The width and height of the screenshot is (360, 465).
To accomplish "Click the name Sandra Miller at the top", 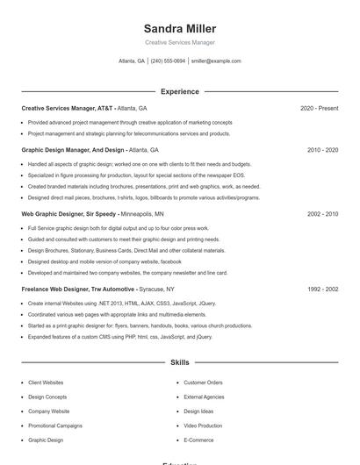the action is (179, 29).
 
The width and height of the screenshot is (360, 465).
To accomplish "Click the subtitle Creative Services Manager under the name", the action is (179, 42).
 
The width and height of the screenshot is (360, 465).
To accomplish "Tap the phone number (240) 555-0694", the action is (168, 61).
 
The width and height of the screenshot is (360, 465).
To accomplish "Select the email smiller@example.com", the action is (216, 61).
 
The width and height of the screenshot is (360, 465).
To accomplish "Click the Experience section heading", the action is (179, 91).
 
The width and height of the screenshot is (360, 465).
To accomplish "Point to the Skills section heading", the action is (179, 361).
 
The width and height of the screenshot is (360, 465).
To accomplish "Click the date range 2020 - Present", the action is (319, 108).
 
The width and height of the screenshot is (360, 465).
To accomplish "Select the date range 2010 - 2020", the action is (322, 150).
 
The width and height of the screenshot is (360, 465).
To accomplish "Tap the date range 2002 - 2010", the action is (322, 213).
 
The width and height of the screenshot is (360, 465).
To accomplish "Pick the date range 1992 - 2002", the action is (322, 289).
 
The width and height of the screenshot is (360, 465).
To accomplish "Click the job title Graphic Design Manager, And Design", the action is (73, 150).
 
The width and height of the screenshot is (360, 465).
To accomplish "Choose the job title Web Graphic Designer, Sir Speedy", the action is (69, 213).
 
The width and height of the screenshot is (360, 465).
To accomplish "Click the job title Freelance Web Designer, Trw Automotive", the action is (78, 289).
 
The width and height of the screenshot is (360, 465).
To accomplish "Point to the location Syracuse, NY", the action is (156, 289).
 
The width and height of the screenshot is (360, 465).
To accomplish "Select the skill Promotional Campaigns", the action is (54, 426).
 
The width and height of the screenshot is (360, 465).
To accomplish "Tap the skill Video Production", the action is (203, 426).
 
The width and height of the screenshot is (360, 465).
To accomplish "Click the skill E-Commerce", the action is (198, 440).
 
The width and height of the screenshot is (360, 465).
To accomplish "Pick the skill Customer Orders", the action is (203, 383).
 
